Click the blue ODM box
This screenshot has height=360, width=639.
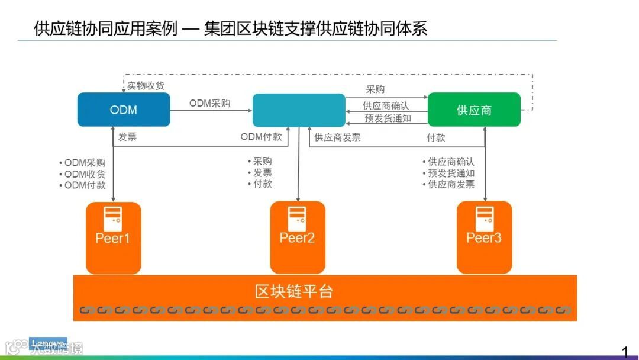point(124,110)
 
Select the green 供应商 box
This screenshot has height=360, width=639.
point(474,110)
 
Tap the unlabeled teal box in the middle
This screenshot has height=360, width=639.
point(299,110)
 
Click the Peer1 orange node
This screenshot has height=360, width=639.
point(113,238)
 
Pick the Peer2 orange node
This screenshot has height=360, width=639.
point(298,238)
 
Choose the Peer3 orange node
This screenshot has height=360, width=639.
point(484,238)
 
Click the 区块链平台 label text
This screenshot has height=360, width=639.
point(294,291)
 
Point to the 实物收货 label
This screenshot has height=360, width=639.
point(146,86)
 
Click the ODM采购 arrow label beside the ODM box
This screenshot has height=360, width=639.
point(210,103)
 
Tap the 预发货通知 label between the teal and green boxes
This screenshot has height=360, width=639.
point(388,118)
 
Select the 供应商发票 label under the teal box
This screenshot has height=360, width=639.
point(337,137)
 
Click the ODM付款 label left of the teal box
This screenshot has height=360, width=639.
point(261,137)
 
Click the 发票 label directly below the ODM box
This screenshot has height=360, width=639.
point(127,137)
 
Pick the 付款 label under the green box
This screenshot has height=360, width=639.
point(436,137)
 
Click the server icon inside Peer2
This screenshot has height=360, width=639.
point(297,218)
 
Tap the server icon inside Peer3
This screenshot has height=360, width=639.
point(484,218)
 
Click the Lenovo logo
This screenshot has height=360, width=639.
point(48,343)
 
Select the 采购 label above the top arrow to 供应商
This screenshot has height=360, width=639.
point(375,89)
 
